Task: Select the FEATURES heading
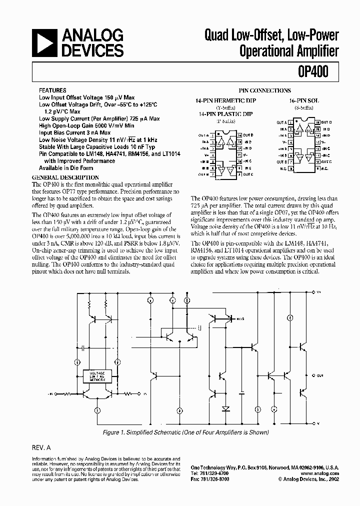(52, 91)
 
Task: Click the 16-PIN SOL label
(303, 100)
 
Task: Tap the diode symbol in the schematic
(226, 408)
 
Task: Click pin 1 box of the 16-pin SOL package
(290, 122)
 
